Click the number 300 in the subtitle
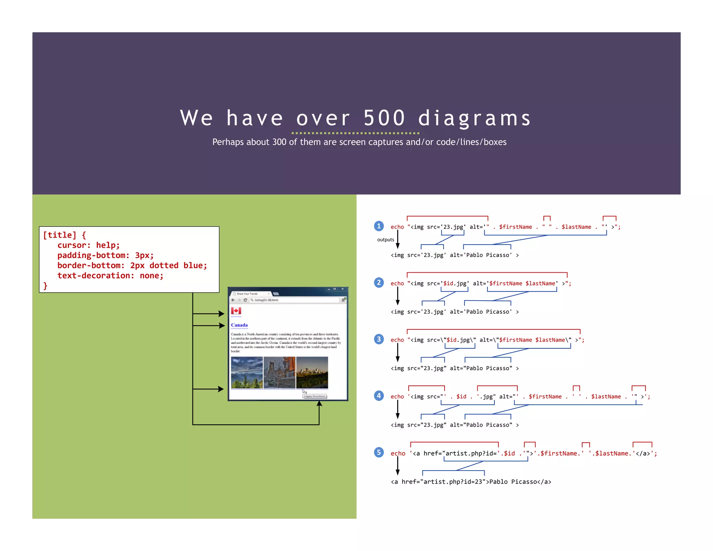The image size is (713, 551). click(279, 142)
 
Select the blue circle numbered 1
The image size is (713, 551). click(379, 226)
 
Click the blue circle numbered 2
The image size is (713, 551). click(379, 282)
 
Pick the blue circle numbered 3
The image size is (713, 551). click(379, 339)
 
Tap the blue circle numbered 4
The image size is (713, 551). click(379, 396)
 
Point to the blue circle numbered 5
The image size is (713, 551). click(379, 452)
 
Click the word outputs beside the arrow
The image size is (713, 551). click(385, 240)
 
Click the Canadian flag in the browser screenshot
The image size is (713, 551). click(236, 311)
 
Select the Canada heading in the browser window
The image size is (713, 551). click(239, 325)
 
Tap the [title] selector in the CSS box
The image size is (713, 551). click(60, 235)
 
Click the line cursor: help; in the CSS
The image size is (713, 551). click(88, 245)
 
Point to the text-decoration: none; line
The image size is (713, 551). click(110, 275)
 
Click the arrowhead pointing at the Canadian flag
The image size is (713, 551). click(222, 314)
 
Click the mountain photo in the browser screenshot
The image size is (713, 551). click(247, 372)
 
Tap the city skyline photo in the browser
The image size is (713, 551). click(312, 372)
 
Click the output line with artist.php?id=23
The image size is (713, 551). click(471, 482)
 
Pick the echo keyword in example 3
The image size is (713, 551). click(397, 340)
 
